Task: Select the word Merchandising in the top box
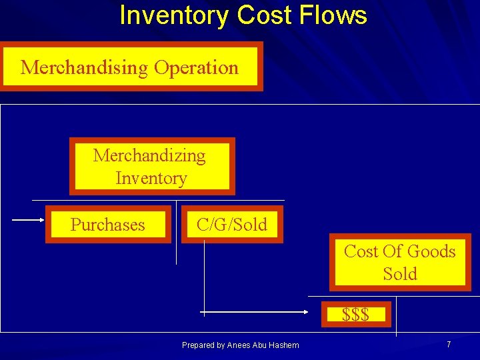pyautogui.click(x=84, y=67)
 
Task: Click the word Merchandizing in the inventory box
pyautogui.click(x=149, y=155)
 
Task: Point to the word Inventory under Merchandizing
pyautogui.click(x=151, y=178)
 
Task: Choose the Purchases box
pyautogui.click(x=108, y=225)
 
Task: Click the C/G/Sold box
pyautogui.click(x=231, y=225)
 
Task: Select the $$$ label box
pyautogui.click(x=355, y=314)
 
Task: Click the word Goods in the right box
pyautogui.click(x=431, y=251)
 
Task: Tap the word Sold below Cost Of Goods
pyautogui.click(x=400, y=274)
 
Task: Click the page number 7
pyautogui.click(x=449, y=344)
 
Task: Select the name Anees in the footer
pyautogui.click(x=239, y=345)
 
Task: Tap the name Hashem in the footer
pyautogui.click(x=285, y=345)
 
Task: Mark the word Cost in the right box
pyautogui.click(x=359, y=251)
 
